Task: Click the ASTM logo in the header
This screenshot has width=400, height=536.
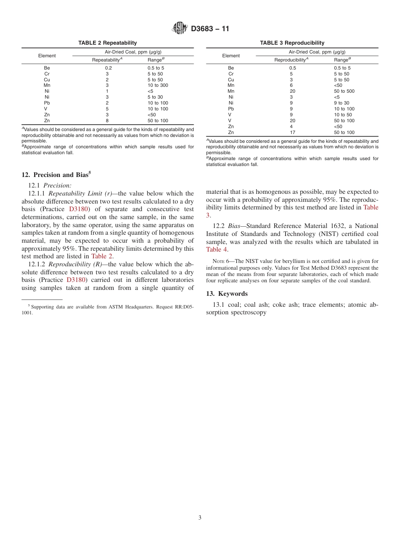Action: tap(180, 29)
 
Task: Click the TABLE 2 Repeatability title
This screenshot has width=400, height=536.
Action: tap(107, 43)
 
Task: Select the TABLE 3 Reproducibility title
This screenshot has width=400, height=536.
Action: tap(292, 43)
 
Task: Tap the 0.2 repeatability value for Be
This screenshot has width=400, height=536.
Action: tap(108, 68)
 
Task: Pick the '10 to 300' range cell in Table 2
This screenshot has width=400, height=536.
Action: tap(158, 85)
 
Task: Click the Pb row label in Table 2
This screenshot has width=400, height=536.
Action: tap(47, 103)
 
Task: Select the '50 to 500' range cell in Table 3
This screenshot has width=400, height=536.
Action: tap(344, 91)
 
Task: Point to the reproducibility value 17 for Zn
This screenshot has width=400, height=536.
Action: tap(292, 132)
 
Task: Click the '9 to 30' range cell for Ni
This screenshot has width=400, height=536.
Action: tap(341, 103)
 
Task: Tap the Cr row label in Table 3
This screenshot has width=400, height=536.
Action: tap(231, 74)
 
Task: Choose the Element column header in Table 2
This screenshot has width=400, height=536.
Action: tap(47, 56)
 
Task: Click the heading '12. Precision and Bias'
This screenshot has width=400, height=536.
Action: tap(56, 175)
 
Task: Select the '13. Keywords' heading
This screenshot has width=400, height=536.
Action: tap(227, 294)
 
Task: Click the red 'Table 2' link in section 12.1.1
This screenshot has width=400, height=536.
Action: tap(101, 256)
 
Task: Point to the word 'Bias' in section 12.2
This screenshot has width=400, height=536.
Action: tap(234, 226)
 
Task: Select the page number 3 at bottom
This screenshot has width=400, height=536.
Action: tap(200, 518)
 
